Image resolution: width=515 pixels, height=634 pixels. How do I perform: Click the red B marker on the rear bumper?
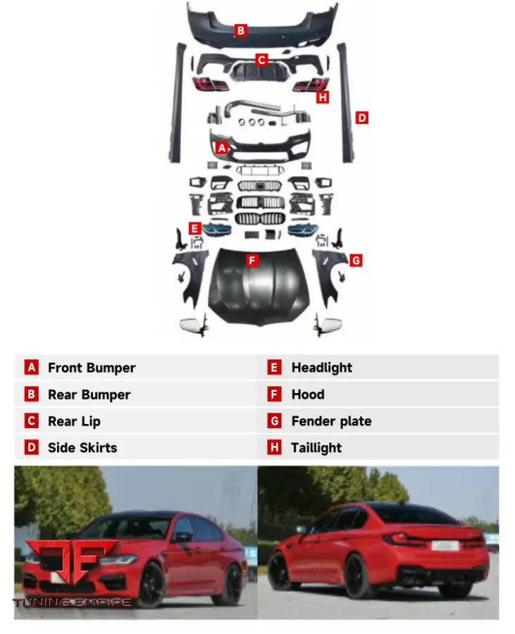point(240,30)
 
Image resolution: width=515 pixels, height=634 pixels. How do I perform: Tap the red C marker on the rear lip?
point(261,60)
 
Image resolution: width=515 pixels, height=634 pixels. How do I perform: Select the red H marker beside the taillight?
point(323,97)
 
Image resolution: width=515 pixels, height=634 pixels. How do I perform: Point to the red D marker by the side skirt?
point(362,118)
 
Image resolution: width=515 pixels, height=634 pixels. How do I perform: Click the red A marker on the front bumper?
point(221,148)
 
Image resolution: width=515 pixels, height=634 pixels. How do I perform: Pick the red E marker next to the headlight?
point(195,228)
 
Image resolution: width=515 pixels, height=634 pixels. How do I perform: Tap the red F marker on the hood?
point(253,261)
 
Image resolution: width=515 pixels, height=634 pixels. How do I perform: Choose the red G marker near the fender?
point(356,261)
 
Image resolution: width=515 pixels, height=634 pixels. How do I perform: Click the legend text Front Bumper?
point(92,368)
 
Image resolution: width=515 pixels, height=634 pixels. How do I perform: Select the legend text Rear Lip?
point(75,421)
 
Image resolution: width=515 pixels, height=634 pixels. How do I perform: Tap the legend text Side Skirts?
point(82,447)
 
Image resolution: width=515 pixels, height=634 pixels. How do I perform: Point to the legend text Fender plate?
point(332,421)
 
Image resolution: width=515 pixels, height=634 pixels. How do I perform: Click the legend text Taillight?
point(316,448)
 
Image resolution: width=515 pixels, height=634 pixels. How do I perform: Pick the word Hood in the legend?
point(308,394)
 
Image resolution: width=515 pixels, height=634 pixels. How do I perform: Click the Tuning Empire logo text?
point(72,602)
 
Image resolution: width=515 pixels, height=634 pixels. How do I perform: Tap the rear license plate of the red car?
point(445,545)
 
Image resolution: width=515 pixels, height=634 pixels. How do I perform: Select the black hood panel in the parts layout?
point(259,285)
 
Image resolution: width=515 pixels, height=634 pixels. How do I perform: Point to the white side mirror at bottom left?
point(193,325)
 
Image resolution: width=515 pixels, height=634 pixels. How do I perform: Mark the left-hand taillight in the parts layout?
point(210,84)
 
